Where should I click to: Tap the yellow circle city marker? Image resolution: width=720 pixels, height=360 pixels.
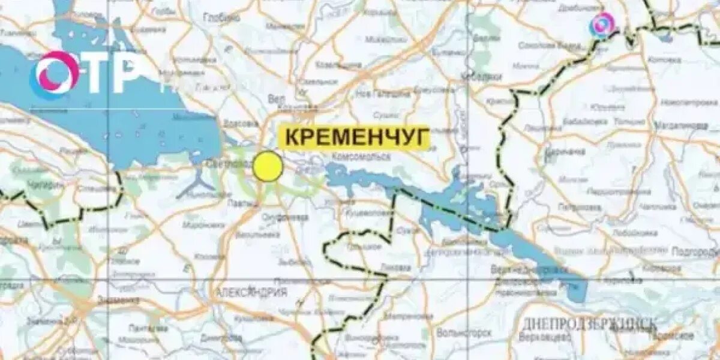click(267, 167)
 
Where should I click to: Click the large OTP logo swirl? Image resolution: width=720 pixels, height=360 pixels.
click(56, 74)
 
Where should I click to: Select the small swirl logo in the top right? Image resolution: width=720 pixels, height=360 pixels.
click(602, 25)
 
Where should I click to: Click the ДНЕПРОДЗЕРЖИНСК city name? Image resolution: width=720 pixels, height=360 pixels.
click(590, 324)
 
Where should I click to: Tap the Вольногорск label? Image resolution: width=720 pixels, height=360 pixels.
click(464, 332)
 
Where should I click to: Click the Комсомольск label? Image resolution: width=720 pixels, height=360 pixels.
click(360, 156)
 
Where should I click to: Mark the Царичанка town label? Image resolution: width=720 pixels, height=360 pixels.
click(565, 152)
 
